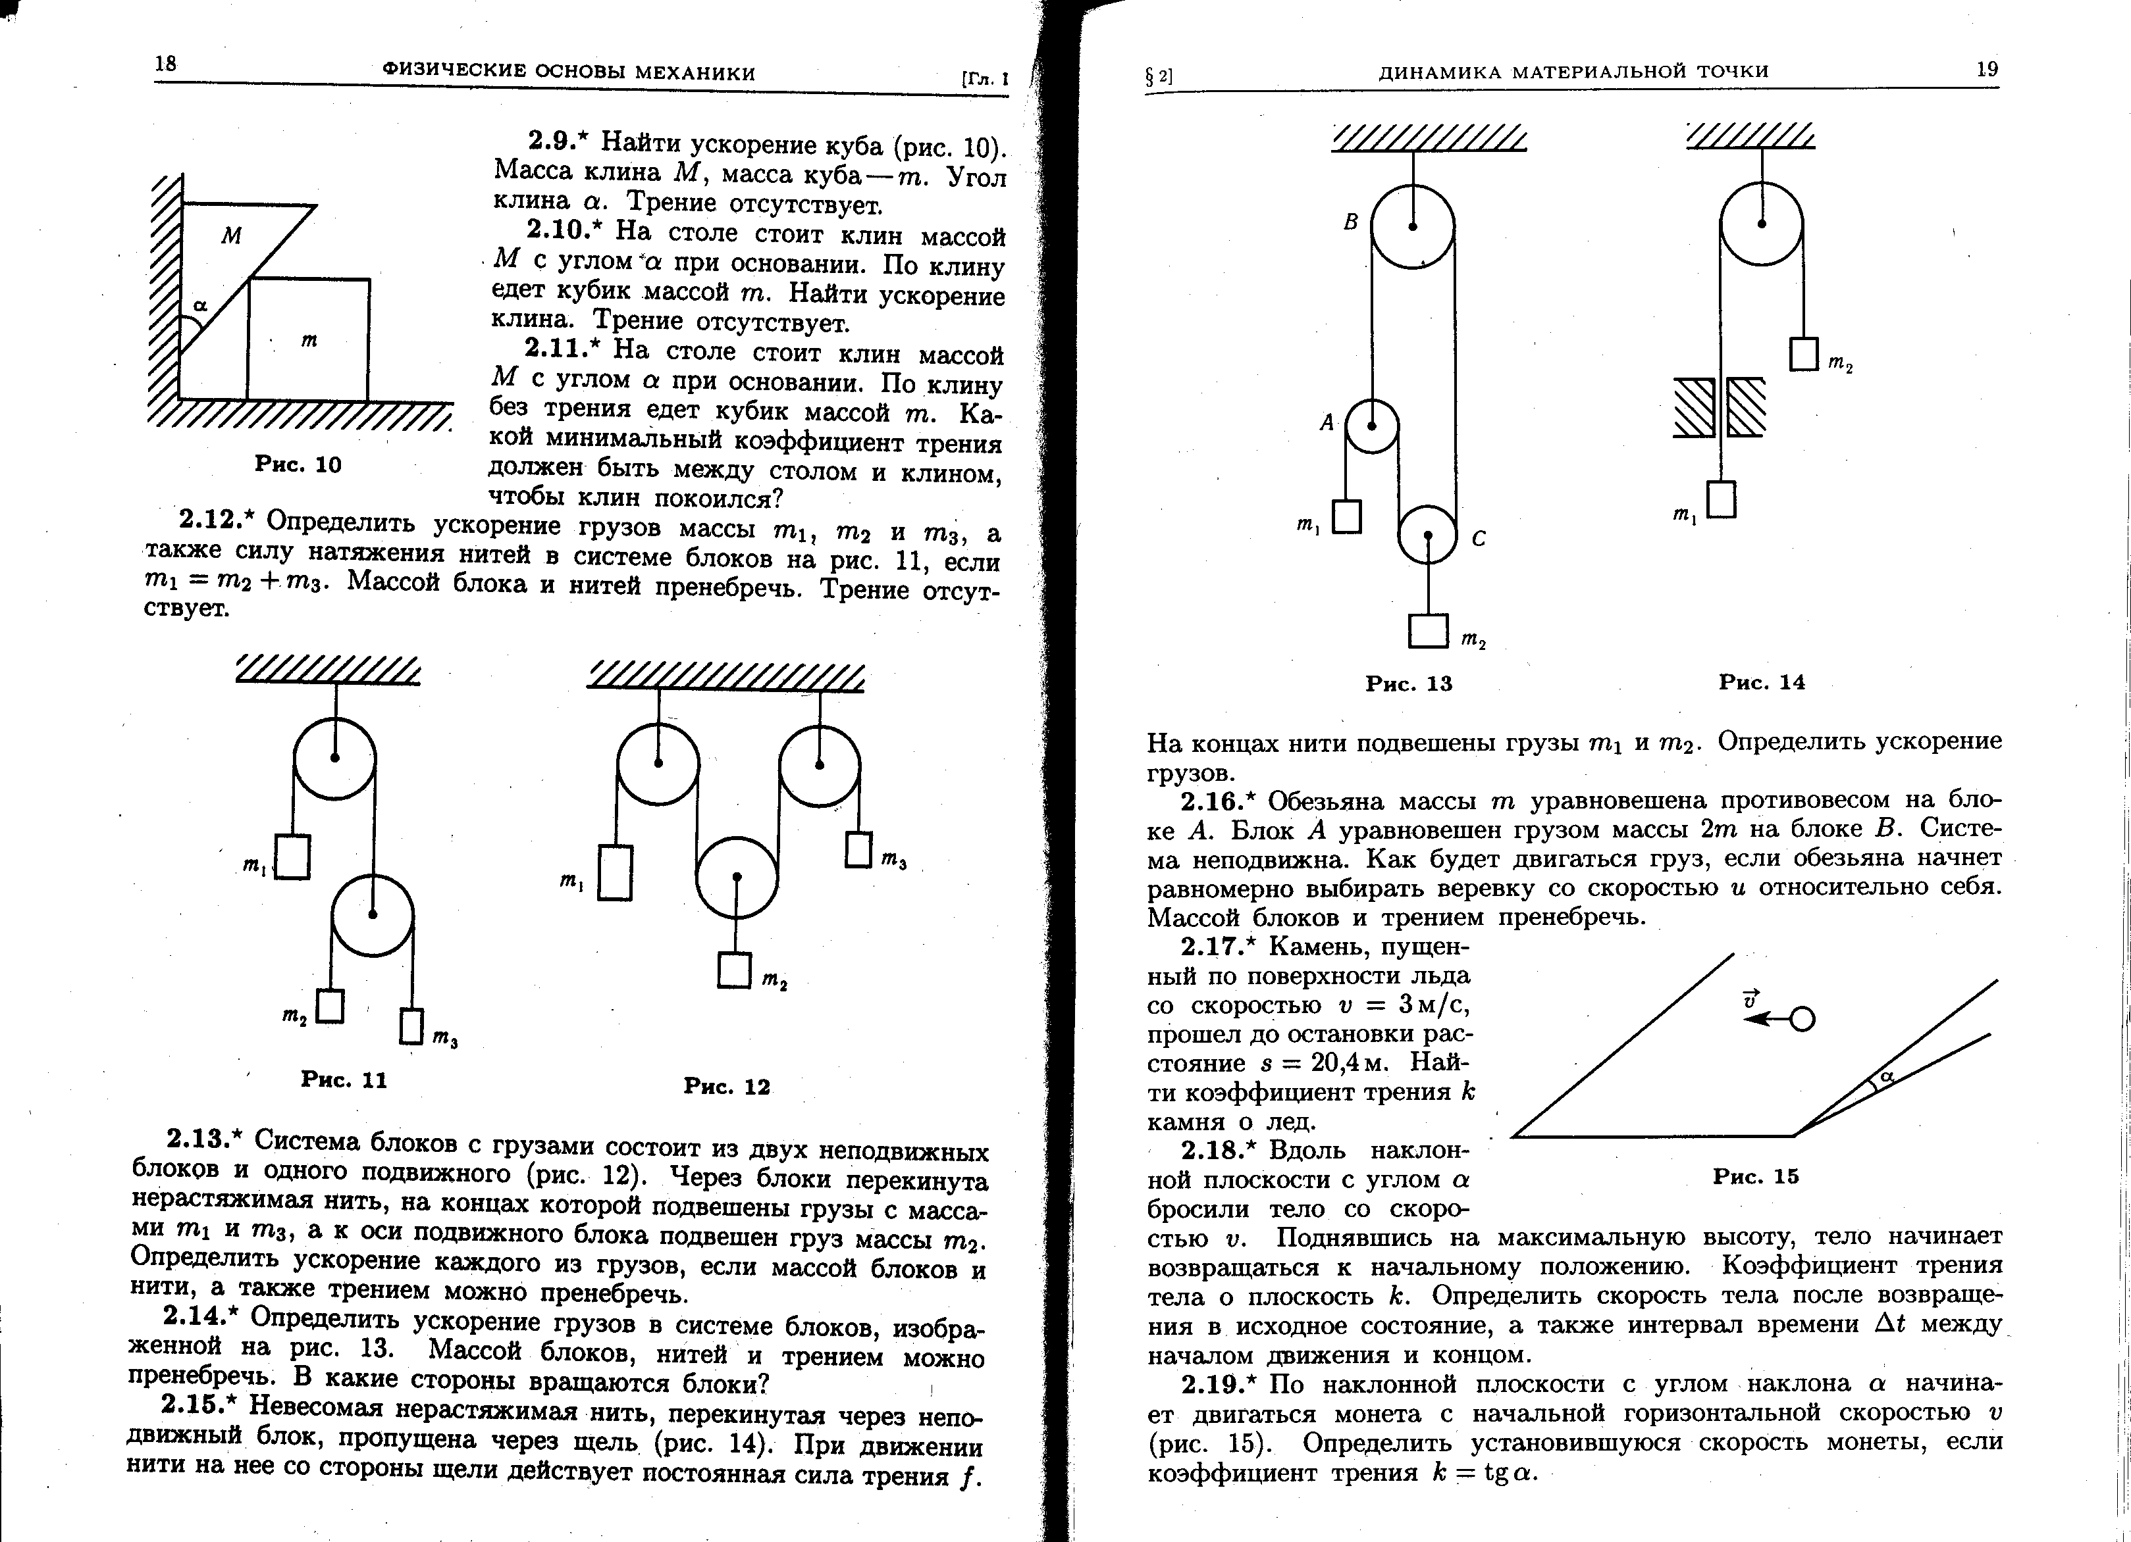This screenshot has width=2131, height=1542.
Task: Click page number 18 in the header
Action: (x=165, y=64)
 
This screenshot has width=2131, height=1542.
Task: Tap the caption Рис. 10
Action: (x=298, y=465)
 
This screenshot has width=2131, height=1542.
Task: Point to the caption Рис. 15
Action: (x=1755, y=1177)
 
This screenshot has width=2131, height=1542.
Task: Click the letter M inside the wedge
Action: (x=231, y=236)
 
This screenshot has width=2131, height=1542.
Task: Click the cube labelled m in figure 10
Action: (x=308, y=340)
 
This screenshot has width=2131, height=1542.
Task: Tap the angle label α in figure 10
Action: (x=200, y=306)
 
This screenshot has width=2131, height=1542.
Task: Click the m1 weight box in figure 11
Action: (x=292, y=857)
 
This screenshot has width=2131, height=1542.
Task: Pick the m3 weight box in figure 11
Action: (x=411, y=1026)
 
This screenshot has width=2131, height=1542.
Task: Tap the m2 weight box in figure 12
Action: (x=735, y=970)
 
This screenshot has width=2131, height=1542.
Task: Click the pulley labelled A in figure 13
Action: (x=1372, y=426)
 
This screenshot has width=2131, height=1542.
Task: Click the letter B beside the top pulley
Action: (x=1351, y=222)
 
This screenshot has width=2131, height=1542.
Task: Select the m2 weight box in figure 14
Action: (x=1804, y=354)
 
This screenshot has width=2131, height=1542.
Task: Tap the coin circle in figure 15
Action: (x=1802, y=1020)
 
